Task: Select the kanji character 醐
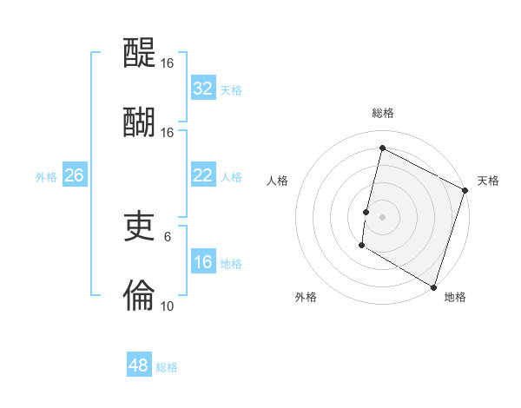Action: point(139,122)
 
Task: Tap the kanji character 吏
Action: point(139,227)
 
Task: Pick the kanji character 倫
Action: point(139,295)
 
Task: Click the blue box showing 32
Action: point(202,89)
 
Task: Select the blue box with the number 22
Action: point(202,175)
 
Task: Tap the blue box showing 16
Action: point(202,262)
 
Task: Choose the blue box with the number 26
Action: point(74,175)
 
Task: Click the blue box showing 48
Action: point(139,365)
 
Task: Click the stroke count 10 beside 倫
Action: point(167,306)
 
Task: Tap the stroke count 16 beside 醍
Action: point(167,64)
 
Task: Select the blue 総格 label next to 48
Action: point(167,367)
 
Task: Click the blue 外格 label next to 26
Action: point(46,177)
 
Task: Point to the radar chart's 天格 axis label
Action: point(488,181)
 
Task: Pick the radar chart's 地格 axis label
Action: point(455,297)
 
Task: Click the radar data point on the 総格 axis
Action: point(382,148)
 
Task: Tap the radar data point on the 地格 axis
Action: point(433,286)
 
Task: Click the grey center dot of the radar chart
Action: point(382,215)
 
